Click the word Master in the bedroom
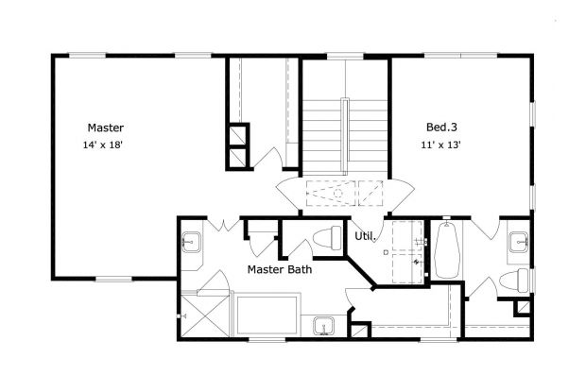[106, 128]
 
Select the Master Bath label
[281, 269]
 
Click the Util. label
[365, 235]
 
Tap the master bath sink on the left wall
[190, 243]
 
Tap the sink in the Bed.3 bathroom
[519, 243]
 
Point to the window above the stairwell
[346, 57]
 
